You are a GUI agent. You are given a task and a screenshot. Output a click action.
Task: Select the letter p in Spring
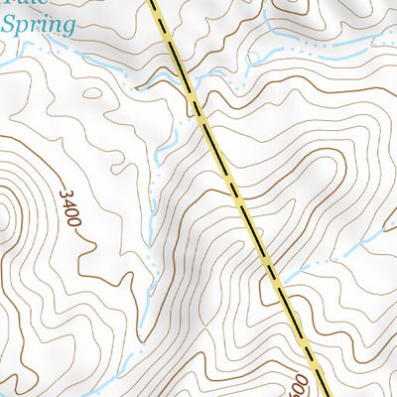coord(23,27)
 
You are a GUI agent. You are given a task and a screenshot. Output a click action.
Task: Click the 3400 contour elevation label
coord(69,209)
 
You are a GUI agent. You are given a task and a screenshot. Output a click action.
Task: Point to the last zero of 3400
coord(73,223)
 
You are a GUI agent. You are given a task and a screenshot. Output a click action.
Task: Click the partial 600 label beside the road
coord(300,382)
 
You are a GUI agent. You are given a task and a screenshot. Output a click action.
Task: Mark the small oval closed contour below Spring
coord(95,93)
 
